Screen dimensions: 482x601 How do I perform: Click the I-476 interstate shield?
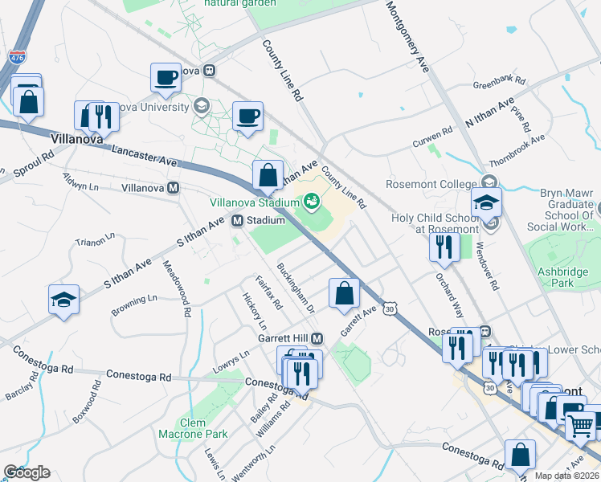coord(17,58)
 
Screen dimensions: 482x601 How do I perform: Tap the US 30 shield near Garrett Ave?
coord(390,308)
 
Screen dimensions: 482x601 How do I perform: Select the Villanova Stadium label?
coord(255,203)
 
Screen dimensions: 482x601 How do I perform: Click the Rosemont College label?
coord(431,184)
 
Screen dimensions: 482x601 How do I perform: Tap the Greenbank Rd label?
coord(499,83)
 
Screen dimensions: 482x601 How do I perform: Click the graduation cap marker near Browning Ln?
coord(64,300)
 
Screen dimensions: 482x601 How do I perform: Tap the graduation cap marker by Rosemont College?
coord(487,203)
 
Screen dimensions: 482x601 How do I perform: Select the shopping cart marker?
coord(580,423)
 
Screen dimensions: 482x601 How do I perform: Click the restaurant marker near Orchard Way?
coord(444,248)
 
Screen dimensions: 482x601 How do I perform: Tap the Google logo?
coord(27,472)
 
